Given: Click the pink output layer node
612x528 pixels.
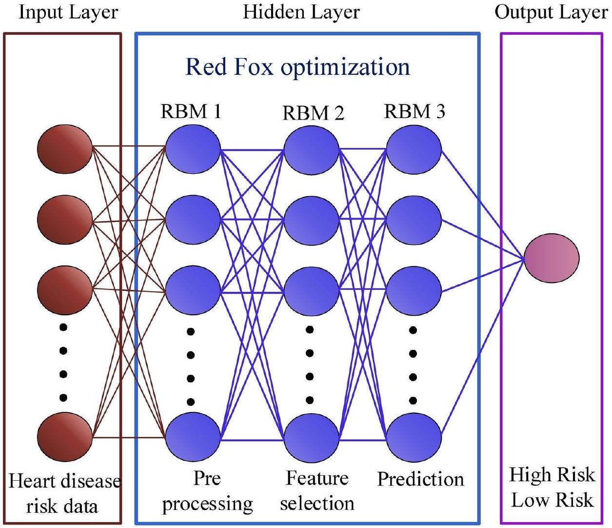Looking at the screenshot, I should [552, 258].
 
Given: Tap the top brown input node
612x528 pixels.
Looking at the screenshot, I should [65, 148].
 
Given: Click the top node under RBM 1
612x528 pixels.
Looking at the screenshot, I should [193, 149].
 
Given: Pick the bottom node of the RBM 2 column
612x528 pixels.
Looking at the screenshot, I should [312, 437].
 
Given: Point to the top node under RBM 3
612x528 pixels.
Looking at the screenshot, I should [414, 149].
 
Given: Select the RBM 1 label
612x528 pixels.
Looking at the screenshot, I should [191, 112].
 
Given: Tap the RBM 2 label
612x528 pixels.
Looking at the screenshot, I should [313, 113].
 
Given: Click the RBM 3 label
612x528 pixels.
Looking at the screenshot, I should [415, 112].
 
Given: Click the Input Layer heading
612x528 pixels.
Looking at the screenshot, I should [68, 13].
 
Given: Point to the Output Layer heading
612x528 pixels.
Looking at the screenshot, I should [551, 13].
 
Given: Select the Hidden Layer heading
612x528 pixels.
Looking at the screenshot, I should [301, 13].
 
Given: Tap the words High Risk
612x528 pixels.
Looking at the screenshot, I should [552, 475].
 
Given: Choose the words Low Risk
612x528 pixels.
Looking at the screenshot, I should [552, 500].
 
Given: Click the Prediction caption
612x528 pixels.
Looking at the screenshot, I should [420, 479].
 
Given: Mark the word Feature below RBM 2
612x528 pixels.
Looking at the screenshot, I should [317, 478].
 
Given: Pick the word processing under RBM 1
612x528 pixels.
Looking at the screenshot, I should [207, 504].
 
